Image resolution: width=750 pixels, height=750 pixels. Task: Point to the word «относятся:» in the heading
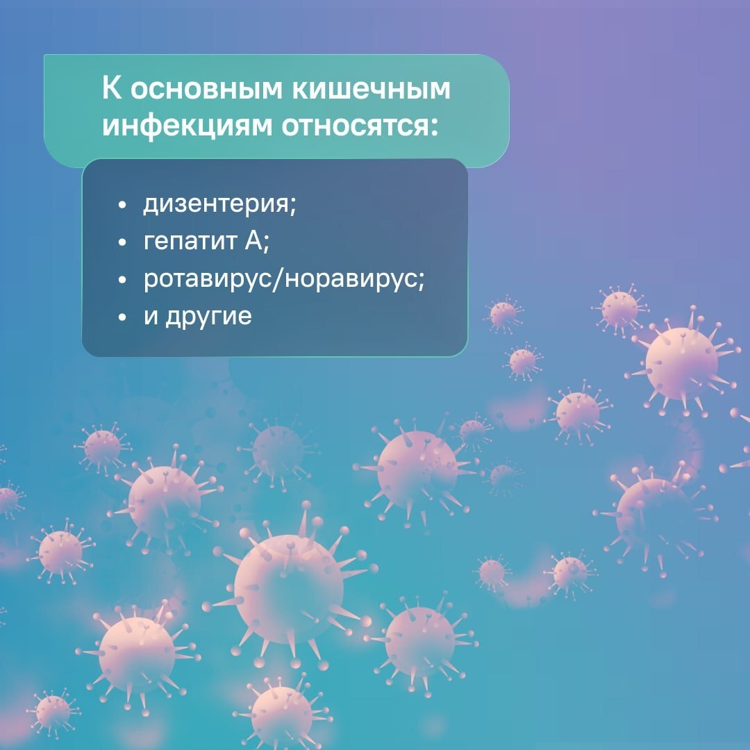tap(351, 126)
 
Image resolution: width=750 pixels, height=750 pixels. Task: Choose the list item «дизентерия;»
tap(219, 206)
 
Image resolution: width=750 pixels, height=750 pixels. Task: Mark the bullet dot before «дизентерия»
tap(123, 207)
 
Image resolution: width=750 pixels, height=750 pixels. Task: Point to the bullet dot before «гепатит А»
tap(123, 244)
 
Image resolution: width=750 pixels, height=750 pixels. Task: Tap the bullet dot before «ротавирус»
tap(123, 281)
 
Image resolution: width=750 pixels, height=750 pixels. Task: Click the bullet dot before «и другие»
tap(123, 318)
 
